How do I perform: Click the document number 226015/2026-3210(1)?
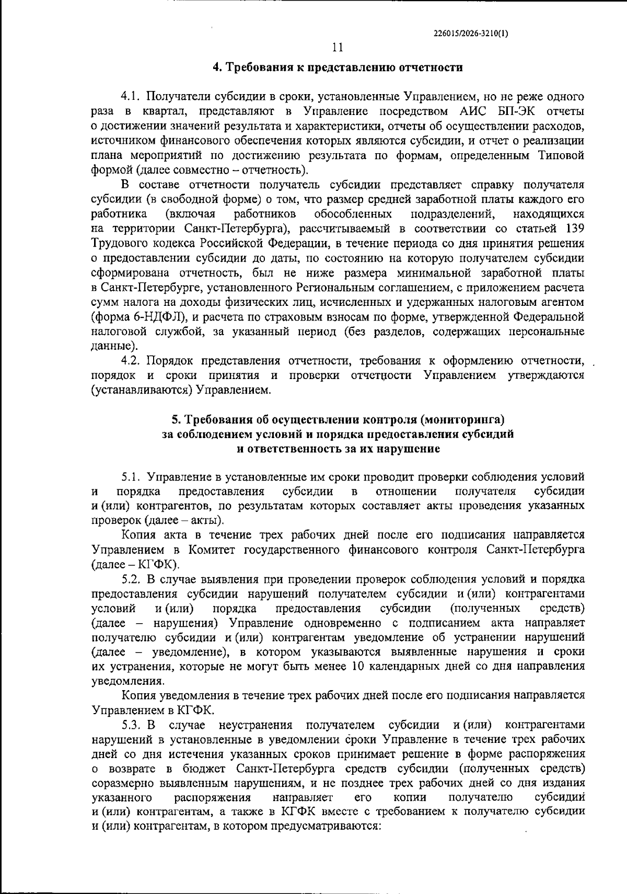(x=471, y=33)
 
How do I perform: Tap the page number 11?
(x=338, y=48)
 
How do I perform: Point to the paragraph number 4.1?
(x=131, y=97)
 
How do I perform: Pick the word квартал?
(x=162, y=111)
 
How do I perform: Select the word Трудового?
(x=118, y=243)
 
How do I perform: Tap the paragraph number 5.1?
(x=132, y=477)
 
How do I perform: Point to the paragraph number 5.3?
(x=133, y=725)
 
